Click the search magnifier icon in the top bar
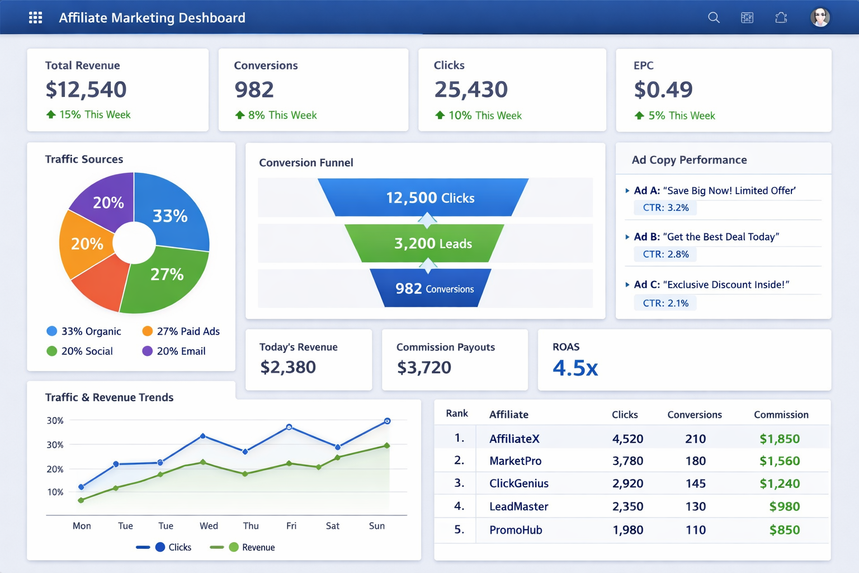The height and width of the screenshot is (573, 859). click(714, 18)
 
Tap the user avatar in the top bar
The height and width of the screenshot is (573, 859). click(820, 18)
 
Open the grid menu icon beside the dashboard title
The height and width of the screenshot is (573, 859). click(36, 18)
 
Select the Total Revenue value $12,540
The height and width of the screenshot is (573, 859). click(86, 90)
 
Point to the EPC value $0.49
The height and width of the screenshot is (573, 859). click(663, 90)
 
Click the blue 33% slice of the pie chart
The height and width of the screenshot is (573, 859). click(173, 213)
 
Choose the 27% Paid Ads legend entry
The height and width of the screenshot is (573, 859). click(181, 331)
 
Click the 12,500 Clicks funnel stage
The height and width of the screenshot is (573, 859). click(429, 198)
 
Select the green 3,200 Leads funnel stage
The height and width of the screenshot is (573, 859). click(432, 243)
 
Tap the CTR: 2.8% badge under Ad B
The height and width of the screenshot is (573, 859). click(666, 254)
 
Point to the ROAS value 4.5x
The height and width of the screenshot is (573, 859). click(575, 368)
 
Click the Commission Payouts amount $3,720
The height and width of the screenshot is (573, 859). click(424, 368)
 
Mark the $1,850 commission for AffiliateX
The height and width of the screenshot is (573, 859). click(779, 439)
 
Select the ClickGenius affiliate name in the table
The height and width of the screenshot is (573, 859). click(518, 483)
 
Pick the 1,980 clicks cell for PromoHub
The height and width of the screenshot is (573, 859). click(627, 530)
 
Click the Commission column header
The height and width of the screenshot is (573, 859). click(781, 415)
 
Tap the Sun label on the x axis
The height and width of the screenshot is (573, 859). click(377, 526)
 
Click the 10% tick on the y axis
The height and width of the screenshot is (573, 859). click(55, 492)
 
